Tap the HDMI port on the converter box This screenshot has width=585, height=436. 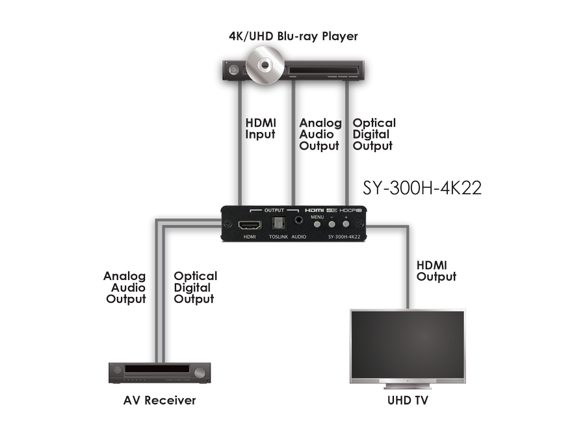[x=250, y=225]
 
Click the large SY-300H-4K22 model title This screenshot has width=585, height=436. [x=422, y=188]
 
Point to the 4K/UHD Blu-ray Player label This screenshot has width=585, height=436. [x=293, y=36]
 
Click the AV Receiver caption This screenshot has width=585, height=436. [x=160, y=399]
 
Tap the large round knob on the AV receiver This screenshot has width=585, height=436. [x=200, y=373]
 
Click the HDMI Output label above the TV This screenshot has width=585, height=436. [x=437, y=270]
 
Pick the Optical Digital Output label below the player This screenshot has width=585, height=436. [x=372, y=135]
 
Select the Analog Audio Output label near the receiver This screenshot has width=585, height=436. [x=125, y=288]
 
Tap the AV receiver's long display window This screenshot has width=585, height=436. [x=156, y=370]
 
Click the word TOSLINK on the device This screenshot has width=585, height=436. [x=278, y=238]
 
